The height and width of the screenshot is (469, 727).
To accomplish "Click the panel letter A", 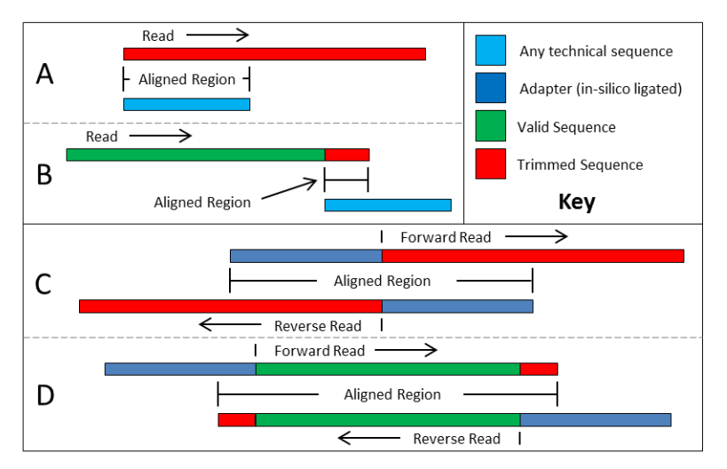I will coord(44,75).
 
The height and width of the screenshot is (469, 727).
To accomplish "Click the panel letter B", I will coord(44,173).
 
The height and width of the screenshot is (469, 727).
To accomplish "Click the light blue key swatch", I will coord(491,51).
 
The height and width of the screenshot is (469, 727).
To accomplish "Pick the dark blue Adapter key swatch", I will coord(491,89).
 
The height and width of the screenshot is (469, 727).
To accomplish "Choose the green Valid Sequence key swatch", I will coord(491,127).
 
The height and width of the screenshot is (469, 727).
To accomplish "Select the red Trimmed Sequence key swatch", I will coord(491,164).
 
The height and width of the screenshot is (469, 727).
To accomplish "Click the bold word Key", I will coord(576,202).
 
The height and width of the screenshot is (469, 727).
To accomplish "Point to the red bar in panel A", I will coord(274,54).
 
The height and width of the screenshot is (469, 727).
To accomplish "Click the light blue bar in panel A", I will coord(186,104).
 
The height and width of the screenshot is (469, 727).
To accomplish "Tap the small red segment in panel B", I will coord(347,155).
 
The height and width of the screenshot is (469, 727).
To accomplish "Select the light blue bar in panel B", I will coord(388,205).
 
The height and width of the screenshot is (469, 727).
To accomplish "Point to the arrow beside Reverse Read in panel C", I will coord(231,325).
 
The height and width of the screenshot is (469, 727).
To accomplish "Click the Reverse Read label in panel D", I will coord(456,439).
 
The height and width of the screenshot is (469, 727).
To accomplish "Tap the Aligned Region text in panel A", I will coord(186,80).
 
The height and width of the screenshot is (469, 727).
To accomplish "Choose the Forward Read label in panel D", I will coord(320,351).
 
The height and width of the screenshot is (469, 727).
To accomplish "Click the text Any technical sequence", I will coord(596,52).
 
